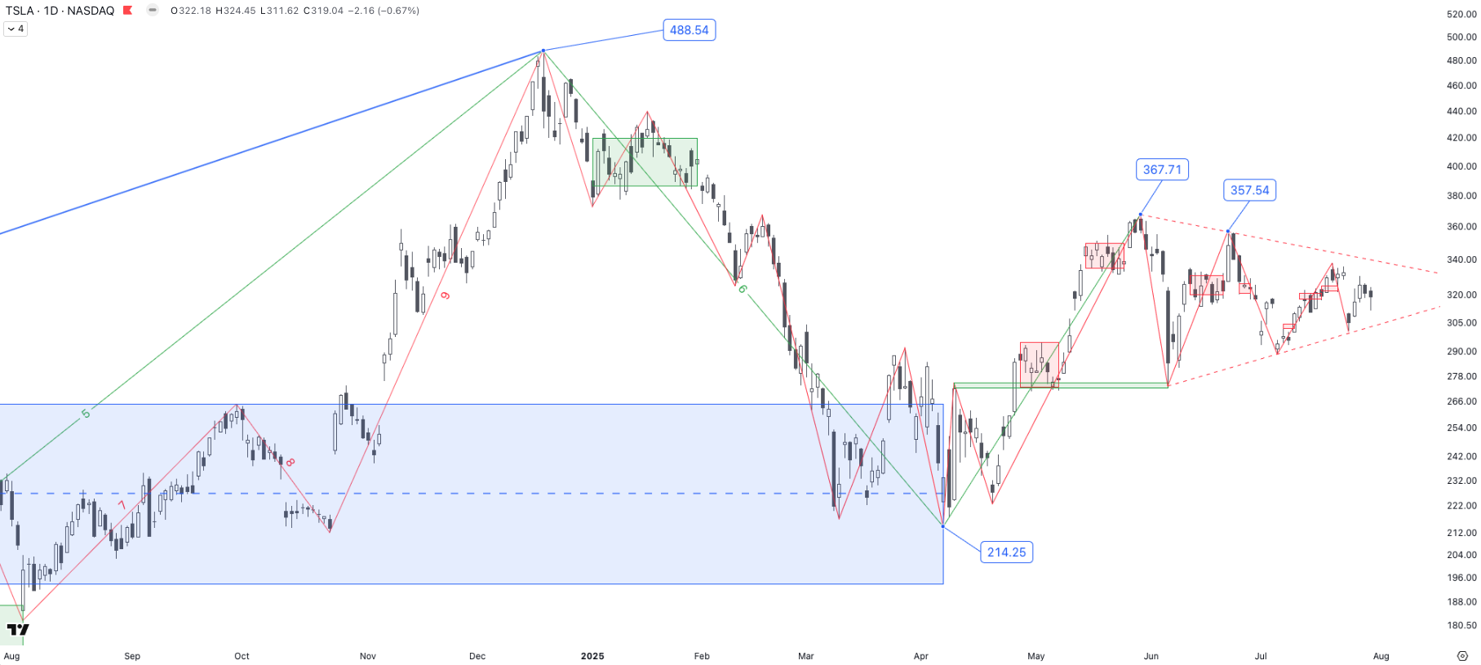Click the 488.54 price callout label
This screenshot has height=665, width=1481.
689,30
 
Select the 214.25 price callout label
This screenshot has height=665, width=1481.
1006,552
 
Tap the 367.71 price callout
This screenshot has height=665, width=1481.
1162,170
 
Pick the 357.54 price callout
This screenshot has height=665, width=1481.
1249,190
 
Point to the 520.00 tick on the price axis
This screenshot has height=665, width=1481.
1461,14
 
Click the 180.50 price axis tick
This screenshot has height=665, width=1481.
1461,626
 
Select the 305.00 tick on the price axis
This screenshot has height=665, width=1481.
1461,323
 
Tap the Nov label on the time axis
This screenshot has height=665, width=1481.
368,656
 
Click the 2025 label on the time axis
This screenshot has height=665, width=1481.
592,656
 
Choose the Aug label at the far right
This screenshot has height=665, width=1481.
1381,656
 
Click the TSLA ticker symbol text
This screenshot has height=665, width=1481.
20,11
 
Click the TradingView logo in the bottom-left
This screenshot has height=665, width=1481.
18,629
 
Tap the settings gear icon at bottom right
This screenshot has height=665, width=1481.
1462,656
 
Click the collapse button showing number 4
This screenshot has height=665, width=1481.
16,29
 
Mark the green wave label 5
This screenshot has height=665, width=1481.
86,414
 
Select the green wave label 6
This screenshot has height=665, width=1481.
742,289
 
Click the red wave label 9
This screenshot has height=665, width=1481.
446,295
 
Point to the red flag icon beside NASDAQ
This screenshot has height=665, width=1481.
127,11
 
